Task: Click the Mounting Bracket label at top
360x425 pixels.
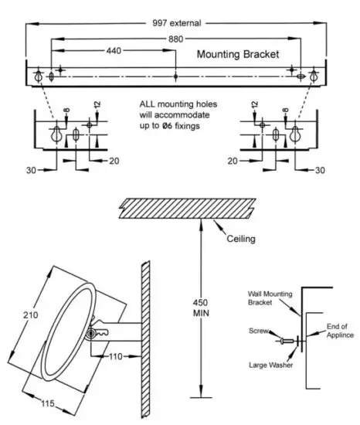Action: [236, 55]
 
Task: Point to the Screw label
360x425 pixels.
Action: [258, 331]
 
